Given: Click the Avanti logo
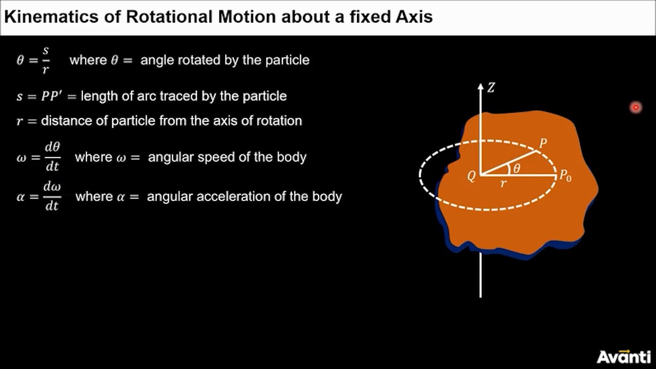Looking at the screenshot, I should pyautogui.click(x=624, y=356).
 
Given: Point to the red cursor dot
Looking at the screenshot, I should pyautogui.click(x=635, y=107).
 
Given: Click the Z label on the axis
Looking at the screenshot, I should pyautogui.click(x=491, y=88).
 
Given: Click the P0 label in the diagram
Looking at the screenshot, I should pyautogui.click(x=565, y=176).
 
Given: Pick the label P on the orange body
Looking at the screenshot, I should pyautogui.click(x=543, y=143).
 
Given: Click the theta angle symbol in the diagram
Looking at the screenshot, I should pyautogui.click(x=517, y=169).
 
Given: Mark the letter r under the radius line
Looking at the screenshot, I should pyautogui.click(x=503, y=183).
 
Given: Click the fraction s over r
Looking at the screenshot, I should pyautogui.click(x=46, y=60).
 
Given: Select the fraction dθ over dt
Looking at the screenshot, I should pyautogui.click(x=52, y=157).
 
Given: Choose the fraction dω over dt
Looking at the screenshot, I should pyautogui.click(x=52, y=196).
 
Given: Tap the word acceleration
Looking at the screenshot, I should pyautogui.click(x=245, y=196).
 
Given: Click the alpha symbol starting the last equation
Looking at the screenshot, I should pyautogui.click(x=21, y=197).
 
